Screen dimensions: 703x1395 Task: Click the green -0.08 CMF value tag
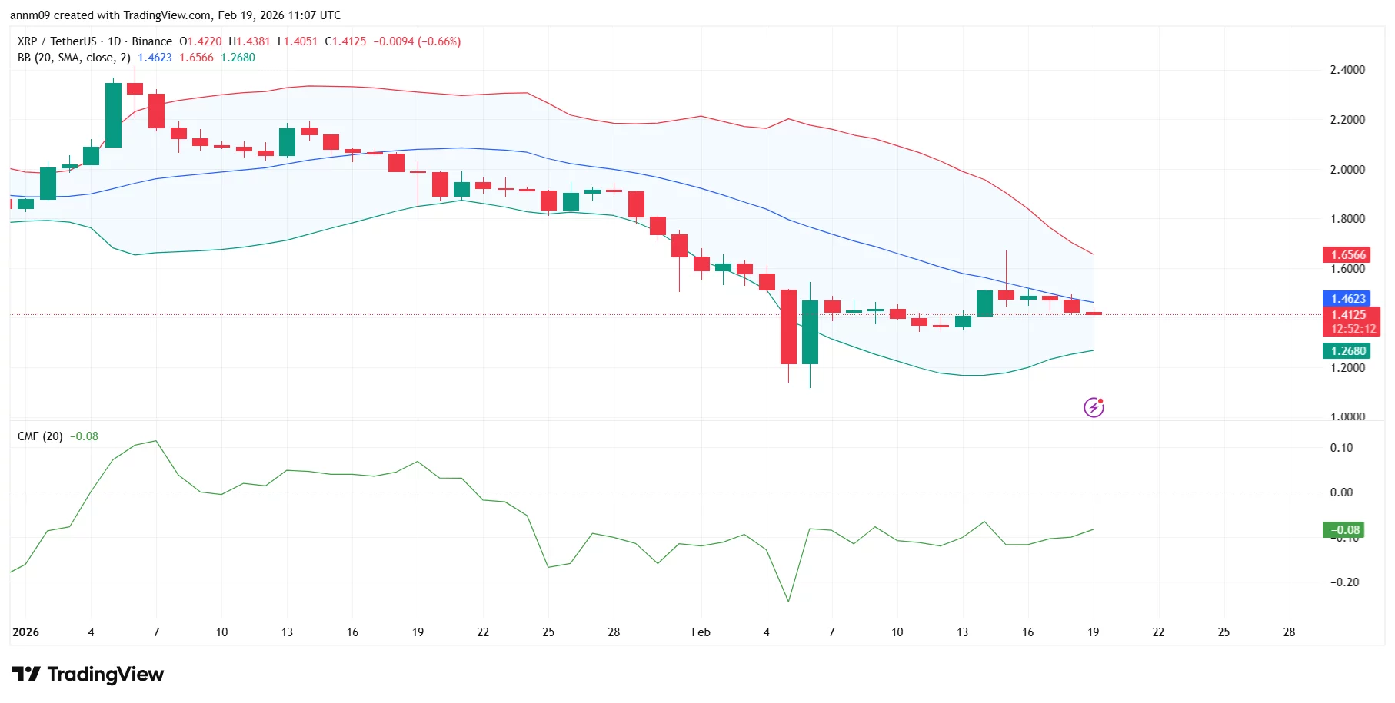coord(1344,530)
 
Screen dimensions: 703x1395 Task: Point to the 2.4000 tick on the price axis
coord(1347,70)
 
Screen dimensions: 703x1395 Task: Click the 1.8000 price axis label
coord(1347,219)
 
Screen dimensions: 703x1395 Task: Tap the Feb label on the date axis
coord(701,632)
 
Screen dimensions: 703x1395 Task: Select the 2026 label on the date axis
coord(25,632)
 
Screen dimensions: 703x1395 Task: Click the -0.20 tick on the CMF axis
coord(1344,582)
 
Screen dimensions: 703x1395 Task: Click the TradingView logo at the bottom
coord(88,675)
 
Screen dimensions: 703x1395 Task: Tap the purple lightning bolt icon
coord(1094,407)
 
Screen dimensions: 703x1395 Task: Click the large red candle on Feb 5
coord(788,327)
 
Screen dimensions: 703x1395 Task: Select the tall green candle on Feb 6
coord(810,332)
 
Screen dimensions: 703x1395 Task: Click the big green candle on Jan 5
coord(113,115)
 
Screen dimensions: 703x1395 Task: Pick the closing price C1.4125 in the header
coord(345,41)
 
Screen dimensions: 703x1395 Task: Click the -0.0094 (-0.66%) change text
coord(417,41)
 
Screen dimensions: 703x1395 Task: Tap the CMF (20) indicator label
coord(40,436)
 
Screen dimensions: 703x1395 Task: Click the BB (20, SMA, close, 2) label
coord(74,58)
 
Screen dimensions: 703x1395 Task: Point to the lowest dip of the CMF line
coord(788,601)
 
